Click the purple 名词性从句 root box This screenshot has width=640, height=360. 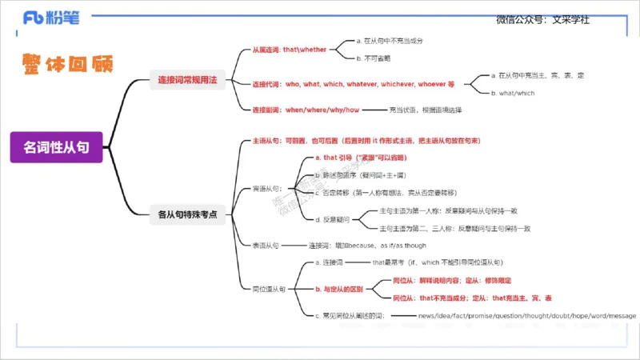point(56,146)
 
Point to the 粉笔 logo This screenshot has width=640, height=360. point(52,18)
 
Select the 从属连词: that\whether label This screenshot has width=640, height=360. point(290,50)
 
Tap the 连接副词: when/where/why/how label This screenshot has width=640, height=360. point(307,109)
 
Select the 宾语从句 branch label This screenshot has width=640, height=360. point(268,189)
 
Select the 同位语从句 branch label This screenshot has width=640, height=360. point(270,289)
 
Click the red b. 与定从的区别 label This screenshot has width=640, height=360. point(339,289)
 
